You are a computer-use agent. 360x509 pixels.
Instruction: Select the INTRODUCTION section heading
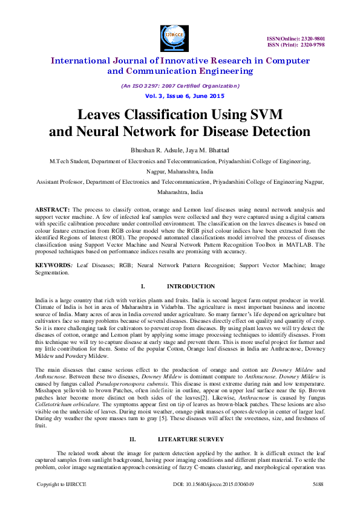[191, 286]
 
